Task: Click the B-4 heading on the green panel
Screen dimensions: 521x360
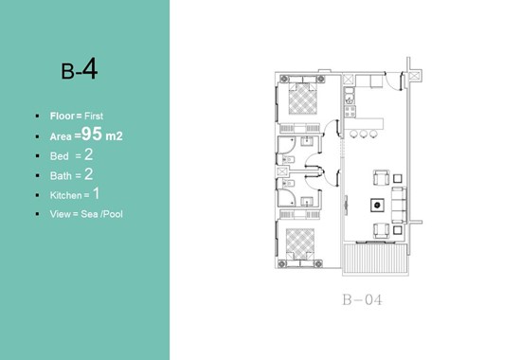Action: (x=79, y=69)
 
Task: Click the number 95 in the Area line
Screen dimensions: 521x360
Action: (x=92, y=134)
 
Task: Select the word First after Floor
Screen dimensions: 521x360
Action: (x=94, y=116)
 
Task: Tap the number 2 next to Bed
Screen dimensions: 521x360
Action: (x=88, y=154)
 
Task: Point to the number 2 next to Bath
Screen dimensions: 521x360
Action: (x=88, y=174)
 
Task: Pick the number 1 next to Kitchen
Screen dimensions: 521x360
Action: (x=96, y=193)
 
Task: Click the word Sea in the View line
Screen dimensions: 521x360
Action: (x=89, y=214)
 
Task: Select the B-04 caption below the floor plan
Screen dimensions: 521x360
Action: (x=362, y=300)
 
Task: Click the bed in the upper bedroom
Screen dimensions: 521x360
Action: (x=302, y=96)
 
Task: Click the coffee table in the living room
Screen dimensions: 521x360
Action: (x=377, y=205)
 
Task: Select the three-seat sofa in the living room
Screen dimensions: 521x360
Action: (x=399, y=205)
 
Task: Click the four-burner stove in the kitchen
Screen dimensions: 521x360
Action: (x=350, y=112)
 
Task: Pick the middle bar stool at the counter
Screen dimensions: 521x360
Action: (x=364, y=134)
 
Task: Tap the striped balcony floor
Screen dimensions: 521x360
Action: (x=375, y=259)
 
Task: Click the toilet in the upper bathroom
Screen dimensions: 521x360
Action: (x=288, y=159)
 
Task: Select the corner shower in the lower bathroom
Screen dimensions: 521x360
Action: (x=286, y=197)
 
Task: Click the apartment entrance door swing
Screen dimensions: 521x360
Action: (x=393, y=81)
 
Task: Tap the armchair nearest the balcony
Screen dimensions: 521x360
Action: (x=381, y=230)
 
